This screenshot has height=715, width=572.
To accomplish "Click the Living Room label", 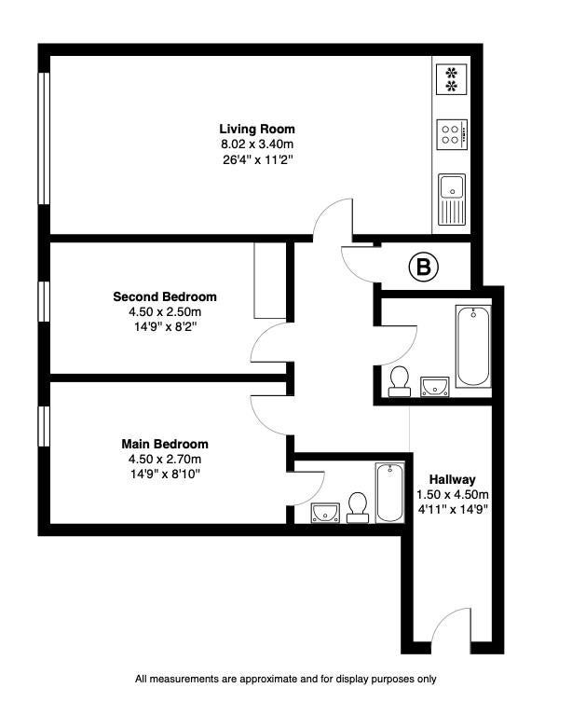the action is [x=257, y=129].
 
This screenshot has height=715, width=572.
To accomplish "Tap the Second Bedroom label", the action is [x=165, y=296].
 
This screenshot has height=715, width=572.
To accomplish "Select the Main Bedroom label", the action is [x=165, y=444].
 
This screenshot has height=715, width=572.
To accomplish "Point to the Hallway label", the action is [x=452, y=479].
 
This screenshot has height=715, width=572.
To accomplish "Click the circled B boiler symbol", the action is [x=424, y=267].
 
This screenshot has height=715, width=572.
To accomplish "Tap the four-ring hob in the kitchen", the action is [x=452, y=134].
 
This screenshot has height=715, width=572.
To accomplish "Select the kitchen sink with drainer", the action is [x=452, y=199].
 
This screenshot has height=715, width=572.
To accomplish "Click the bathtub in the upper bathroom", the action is [x=473, y=346].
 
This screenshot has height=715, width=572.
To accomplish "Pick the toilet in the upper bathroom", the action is [x=400, y=381].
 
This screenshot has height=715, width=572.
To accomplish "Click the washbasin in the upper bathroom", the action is [x=434, y=387].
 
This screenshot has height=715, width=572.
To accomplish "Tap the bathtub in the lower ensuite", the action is [x=389, y=493].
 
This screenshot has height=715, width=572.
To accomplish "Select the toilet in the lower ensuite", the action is [x=358, y=507].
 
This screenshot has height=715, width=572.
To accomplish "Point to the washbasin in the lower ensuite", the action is [x=325, y=513].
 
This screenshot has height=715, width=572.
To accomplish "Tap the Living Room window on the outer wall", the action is [x=44, y=138].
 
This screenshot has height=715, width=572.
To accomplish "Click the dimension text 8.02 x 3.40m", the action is [x=257, y=144].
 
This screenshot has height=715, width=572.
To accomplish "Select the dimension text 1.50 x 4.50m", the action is [x=453, y=495].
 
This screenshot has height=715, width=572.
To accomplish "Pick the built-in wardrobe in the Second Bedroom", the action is [x=270, y=280].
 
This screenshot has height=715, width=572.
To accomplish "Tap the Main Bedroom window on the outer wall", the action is [x=44, y=426].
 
